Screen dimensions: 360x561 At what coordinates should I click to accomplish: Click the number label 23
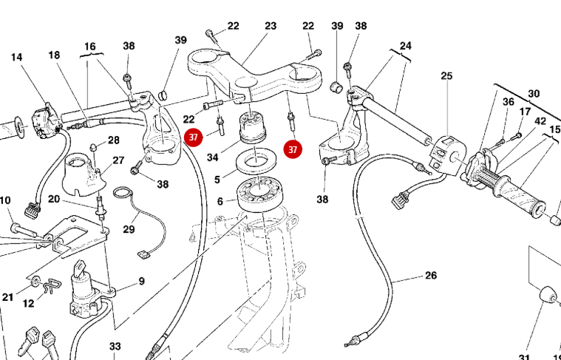pos(271,26)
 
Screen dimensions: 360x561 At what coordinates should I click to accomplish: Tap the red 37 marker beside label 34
pos(194,137)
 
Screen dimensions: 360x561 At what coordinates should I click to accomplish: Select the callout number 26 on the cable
pos(430,276)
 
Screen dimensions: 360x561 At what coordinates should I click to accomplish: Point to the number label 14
pos(16,57)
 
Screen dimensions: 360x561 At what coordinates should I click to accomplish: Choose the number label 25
pos(446,75)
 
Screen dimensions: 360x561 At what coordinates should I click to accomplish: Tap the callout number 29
pos(129,229)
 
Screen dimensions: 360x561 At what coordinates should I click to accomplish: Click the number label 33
pos(115,346)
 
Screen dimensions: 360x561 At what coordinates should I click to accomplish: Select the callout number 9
pos(140,281)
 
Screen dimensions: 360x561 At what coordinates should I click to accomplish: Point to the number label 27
pos(118,160)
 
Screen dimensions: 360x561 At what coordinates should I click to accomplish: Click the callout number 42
pos(540,121)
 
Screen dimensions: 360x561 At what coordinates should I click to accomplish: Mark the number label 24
pos(405,46)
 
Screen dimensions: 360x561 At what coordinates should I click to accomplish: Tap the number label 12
pos(28,303)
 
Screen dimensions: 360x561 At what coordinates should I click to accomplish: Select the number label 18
pos(54,55)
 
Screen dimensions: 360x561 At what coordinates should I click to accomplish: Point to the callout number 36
pos(508,102)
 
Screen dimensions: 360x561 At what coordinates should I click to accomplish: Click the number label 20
pos(54,199)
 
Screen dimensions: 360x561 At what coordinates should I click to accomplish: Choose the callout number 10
pos(5,200)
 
